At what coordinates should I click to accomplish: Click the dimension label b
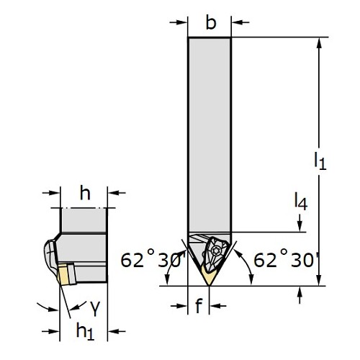click(x=211, y=22)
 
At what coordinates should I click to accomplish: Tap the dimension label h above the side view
click(x=85, y=193)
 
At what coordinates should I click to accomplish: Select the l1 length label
click(x=320, y=161)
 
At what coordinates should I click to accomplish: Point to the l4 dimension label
click(x=301, y=202)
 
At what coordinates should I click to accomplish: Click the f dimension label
click(x=199, y=305)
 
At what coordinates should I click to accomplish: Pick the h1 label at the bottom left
click(x=85, y=331)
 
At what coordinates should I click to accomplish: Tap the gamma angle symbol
click(x=95, y=308)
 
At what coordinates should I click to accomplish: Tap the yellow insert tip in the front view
click(x=208, y=276)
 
